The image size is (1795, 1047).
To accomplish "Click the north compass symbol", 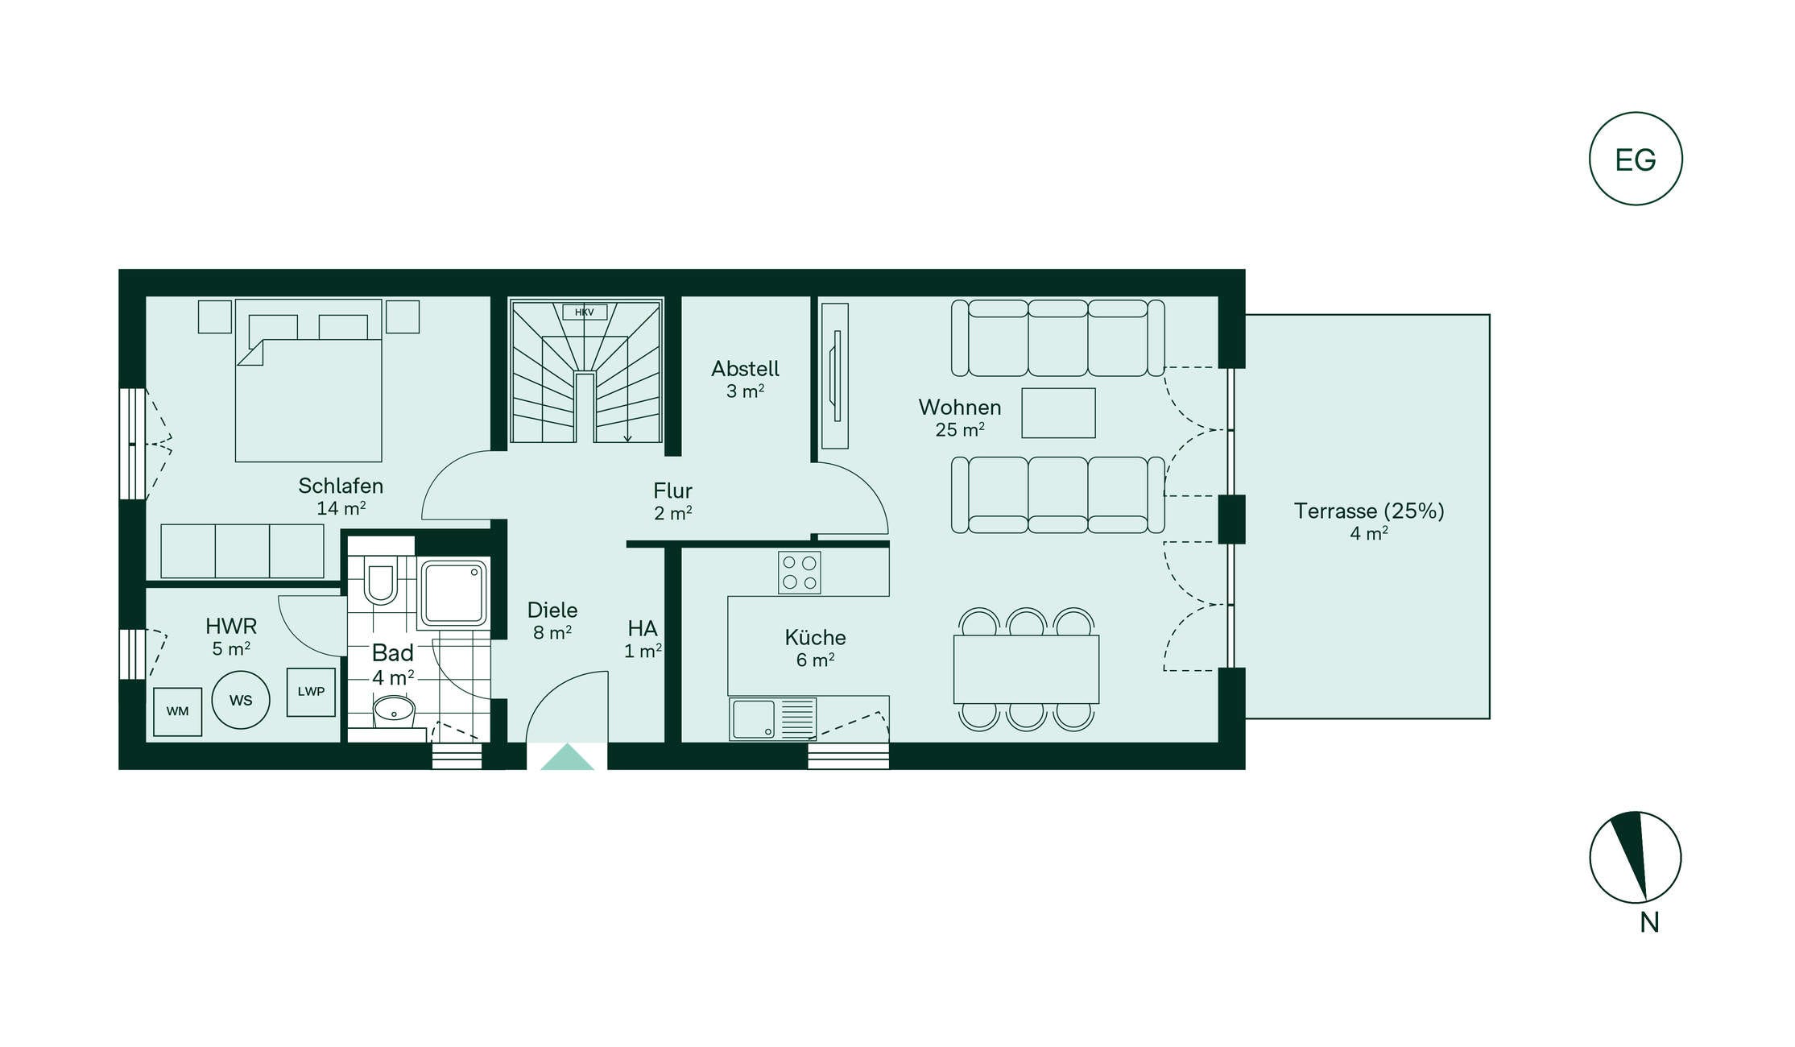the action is click(x=1636, y=857).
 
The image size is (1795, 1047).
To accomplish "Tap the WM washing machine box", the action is click(x=178, y=711).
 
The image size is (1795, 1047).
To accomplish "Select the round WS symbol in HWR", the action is click(x=241, y=700).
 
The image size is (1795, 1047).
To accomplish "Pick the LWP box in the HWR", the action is click(x=311, y=692).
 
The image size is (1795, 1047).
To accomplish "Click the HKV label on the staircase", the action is click(x=585, y=312).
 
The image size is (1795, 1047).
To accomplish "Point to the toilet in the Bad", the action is click(x=380, y=580).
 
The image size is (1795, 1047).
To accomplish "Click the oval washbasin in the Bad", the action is click(x=394, y=711).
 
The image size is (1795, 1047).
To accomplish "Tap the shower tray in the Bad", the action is click(x=453, y=594).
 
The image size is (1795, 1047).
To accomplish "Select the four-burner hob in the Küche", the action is click(x=800, y=573).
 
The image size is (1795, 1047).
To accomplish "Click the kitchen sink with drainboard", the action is click(x=773, y=718).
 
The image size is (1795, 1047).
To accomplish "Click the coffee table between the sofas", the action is click(x=1059, y=413).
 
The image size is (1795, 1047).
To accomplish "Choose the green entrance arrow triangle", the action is click(x=568, y=757).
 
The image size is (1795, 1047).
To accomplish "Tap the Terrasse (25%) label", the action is click(x=1369, y=511).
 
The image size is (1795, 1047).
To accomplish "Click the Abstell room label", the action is click(x=746, y=369).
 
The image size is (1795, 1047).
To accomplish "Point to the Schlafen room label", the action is click(x=341, y=486).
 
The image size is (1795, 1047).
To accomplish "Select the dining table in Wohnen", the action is click(x=1027, y=669).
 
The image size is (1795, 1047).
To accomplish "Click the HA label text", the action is click(x=643, y=628).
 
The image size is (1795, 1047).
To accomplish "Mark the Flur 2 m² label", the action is click(x=673, y=502).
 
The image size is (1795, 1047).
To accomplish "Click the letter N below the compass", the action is click(x=1650, y=923).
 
